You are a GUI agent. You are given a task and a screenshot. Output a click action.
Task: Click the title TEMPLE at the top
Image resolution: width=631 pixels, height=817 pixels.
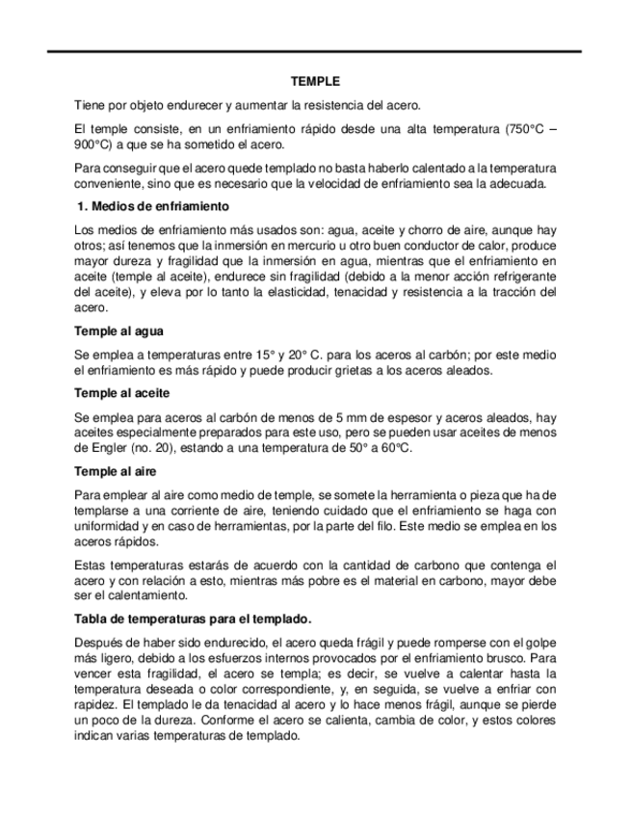point(315,83)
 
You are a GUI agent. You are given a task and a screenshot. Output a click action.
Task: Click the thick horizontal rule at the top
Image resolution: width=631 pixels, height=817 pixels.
point(315,50)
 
